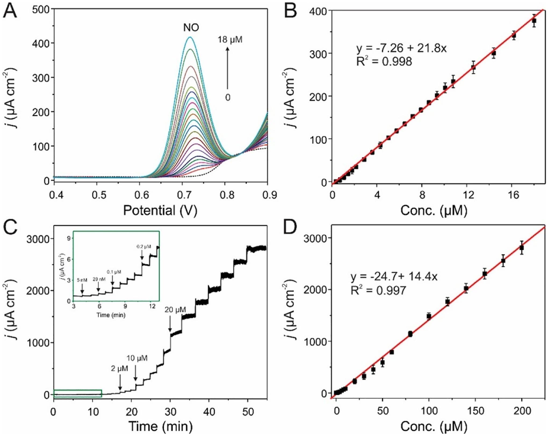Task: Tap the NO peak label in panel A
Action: (x=191, y=28)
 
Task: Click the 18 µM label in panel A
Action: (x=230, y=40)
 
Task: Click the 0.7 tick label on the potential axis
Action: (x=184, y=195)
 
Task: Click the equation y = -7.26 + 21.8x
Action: (x=401, y=48)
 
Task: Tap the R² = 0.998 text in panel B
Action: (x=384, y=61)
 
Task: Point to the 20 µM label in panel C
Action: (x=175, y=310)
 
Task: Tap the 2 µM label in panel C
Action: (x=120, y=369)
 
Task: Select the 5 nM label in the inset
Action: (x=82, y=280)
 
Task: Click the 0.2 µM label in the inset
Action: (x=144, y=246)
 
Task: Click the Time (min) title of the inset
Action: (x=111, y=315)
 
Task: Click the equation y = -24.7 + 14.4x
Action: (x=394, y=277)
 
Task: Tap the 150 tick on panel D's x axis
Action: (x=475, y=411)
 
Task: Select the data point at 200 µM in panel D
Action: (x=522, y=248)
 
